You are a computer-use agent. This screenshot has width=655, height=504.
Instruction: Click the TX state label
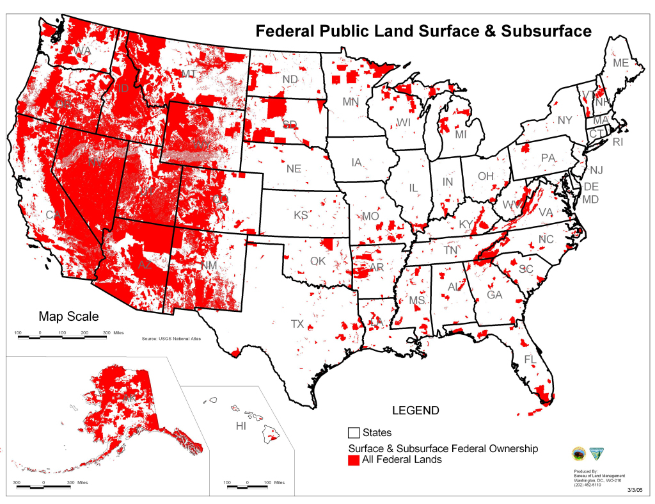point(297,324)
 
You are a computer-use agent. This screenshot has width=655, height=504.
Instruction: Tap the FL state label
point(530,359)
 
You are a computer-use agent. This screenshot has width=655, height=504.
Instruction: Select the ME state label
point(620,63)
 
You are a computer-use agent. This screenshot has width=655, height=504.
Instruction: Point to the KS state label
point(301,215)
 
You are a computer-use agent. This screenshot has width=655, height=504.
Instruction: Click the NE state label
point(294,169)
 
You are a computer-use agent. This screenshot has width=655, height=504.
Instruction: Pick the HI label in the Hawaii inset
point(241,426)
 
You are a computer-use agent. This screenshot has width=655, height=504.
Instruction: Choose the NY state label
point(564,120)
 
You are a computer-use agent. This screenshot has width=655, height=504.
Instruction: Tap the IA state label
point(357,163)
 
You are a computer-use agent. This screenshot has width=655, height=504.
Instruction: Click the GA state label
point(494,295)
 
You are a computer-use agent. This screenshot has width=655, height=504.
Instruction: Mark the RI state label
point(617,142)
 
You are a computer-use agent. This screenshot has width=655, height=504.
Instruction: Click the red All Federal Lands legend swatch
point(354,459)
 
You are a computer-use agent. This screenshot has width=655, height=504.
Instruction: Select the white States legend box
point(354,433)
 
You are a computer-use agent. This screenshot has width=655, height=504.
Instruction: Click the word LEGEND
point(415,411)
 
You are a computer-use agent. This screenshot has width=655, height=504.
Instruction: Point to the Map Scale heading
point(68,316)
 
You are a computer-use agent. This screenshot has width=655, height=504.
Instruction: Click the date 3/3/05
point(634,490)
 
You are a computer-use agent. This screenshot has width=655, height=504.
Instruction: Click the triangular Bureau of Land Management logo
point(597,453)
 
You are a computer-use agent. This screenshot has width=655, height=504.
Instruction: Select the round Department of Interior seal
point(578,453)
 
